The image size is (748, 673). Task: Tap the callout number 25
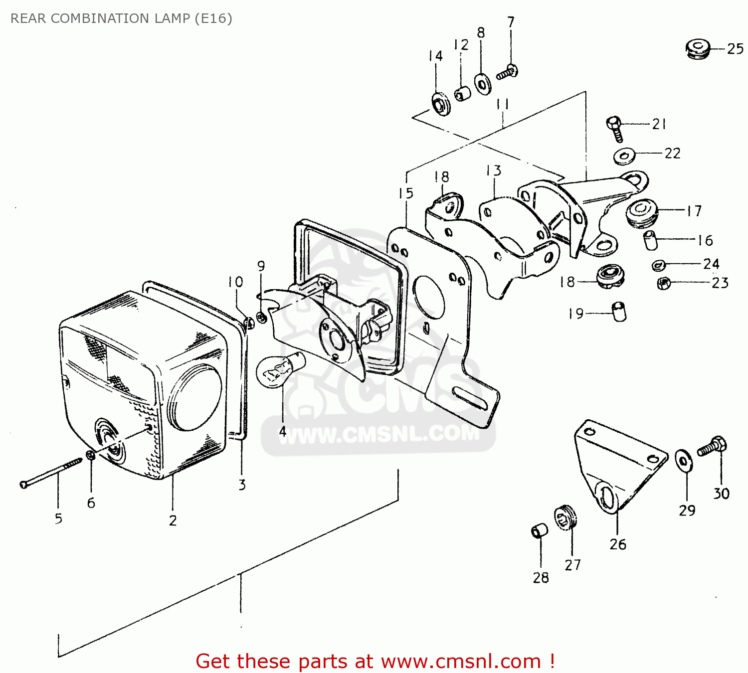tap(735, 49)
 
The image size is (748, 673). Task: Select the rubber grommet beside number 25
tap(698, 48)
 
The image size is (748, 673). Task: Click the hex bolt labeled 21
tap(615, 128)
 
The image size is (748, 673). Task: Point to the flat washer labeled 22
tap(624, 156)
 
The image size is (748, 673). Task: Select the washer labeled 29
tap(683, 460)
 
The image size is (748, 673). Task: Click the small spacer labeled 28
tap(539, 530)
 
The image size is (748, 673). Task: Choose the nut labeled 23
tap(663, 283)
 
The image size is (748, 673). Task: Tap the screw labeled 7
tap(507, 72)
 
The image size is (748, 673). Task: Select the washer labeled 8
tap(482, 84)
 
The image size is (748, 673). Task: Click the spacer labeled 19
tap(619, 312)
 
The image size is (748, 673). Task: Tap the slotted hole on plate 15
tap(469, 398)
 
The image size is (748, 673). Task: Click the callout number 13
tap(494, 170)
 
